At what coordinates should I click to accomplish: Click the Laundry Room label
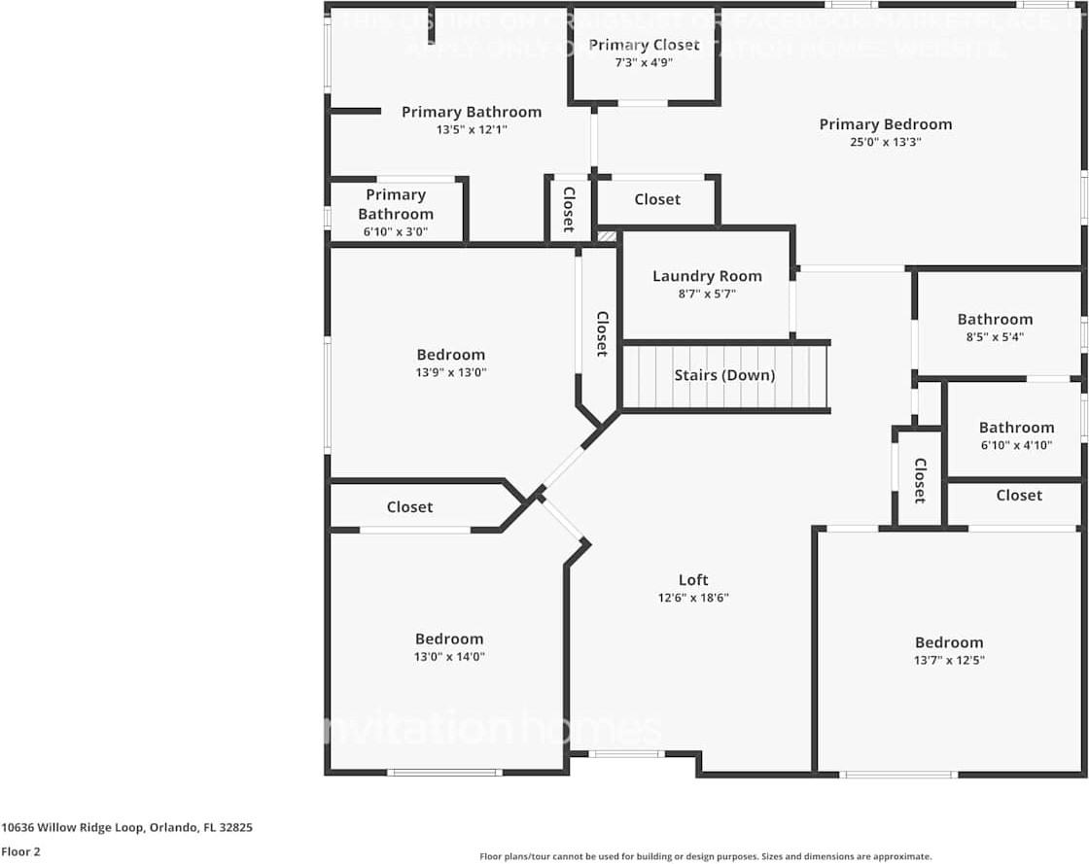pos(707,276)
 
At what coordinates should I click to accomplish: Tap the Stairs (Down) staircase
pos(724,376)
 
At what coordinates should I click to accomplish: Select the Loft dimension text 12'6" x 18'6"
pos(693,598)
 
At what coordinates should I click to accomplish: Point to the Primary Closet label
pos(644,45)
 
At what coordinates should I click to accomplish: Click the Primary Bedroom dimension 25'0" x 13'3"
pos(885,142)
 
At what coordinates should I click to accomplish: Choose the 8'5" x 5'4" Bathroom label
pos(995,320)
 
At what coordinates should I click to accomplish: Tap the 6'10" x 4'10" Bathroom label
pos(1016,428)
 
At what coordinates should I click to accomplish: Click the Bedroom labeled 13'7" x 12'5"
pos(948,642)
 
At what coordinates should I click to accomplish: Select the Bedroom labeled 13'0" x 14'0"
pos(449,639)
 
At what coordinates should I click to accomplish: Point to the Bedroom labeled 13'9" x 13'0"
pos(450,355)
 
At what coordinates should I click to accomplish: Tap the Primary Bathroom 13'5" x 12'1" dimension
pos(472,129)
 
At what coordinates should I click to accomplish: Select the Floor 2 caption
pos(20,851)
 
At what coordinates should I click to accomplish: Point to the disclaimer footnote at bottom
pos(705,856)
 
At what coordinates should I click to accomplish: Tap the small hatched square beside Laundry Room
pos(607,235)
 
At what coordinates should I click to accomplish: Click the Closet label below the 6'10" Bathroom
pos(1018,496)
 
